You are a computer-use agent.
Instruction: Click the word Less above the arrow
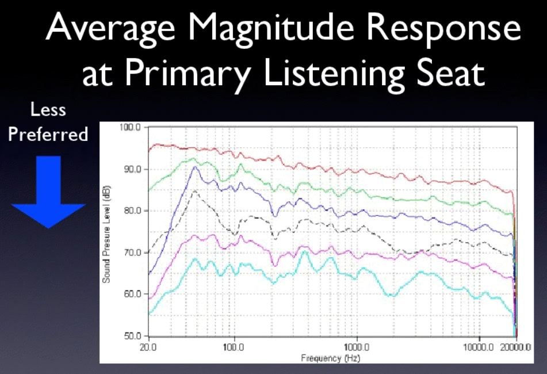point(48,109)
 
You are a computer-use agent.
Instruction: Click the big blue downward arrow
point(48,190)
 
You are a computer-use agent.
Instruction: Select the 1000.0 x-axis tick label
point(357,348)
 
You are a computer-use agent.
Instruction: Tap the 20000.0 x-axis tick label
point(514,348)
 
